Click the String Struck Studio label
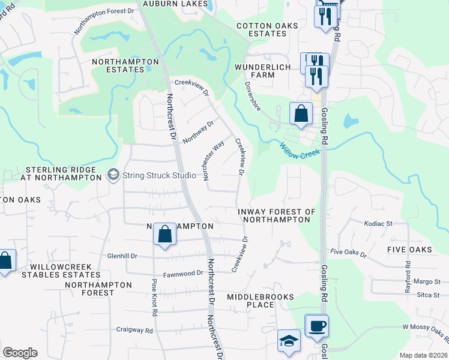pyautogui.click(x=158, y=175)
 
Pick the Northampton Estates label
pyautogui.click(x=125, y=65)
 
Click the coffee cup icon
pyautogui.click(x=316, y=326)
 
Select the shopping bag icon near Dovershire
pyautogui.click(x=301, y=113)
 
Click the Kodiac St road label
pyautogui.click(x=378, y=223)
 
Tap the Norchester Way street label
pyautogui.click(x=214, y=161)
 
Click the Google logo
pyautogui.click(x=20, y=353)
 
